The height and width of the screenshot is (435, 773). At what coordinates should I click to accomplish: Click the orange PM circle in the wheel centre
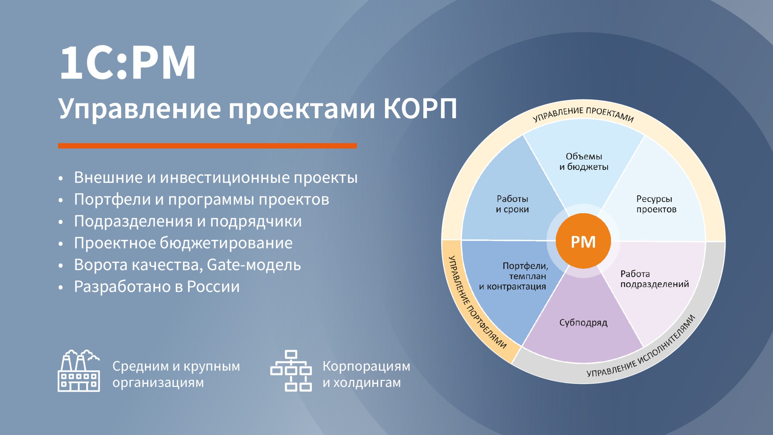[x=583, y=241]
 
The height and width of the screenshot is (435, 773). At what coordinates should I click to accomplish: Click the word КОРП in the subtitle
[x=420, y=109]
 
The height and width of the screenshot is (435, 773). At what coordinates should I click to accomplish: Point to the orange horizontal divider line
[x=207, y=146]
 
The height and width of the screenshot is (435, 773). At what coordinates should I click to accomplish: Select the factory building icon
[x=79, y=371]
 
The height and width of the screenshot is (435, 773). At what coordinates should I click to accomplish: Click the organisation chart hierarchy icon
[x=291, y=371]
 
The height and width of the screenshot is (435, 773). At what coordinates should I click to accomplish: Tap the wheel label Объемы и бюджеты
[x=584, y=162]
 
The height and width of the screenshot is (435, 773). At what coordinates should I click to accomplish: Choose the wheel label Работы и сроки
[x=512, y=204]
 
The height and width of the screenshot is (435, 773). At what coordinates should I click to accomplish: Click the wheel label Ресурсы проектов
[x=656, y=204]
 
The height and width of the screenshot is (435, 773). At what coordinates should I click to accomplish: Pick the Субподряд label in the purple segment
[x=583, y=323]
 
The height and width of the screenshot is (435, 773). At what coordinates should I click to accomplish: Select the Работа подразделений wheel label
[x=655, y=279]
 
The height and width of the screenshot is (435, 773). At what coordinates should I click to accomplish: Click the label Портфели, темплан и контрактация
[x=514, y=276]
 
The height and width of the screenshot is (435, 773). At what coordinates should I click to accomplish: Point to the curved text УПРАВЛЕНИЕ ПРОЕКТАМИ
[x=583, y=114]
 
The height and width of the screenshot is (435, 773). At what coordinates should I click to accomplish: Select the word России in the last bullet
[x=213, y=287]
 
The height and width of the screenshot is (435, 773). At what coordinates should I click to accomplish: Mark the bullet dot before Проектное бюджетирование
[x=61, y=244]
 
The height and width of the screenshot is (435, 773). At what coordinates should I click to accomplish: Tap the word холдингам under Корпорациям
[x=367, y=383]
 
